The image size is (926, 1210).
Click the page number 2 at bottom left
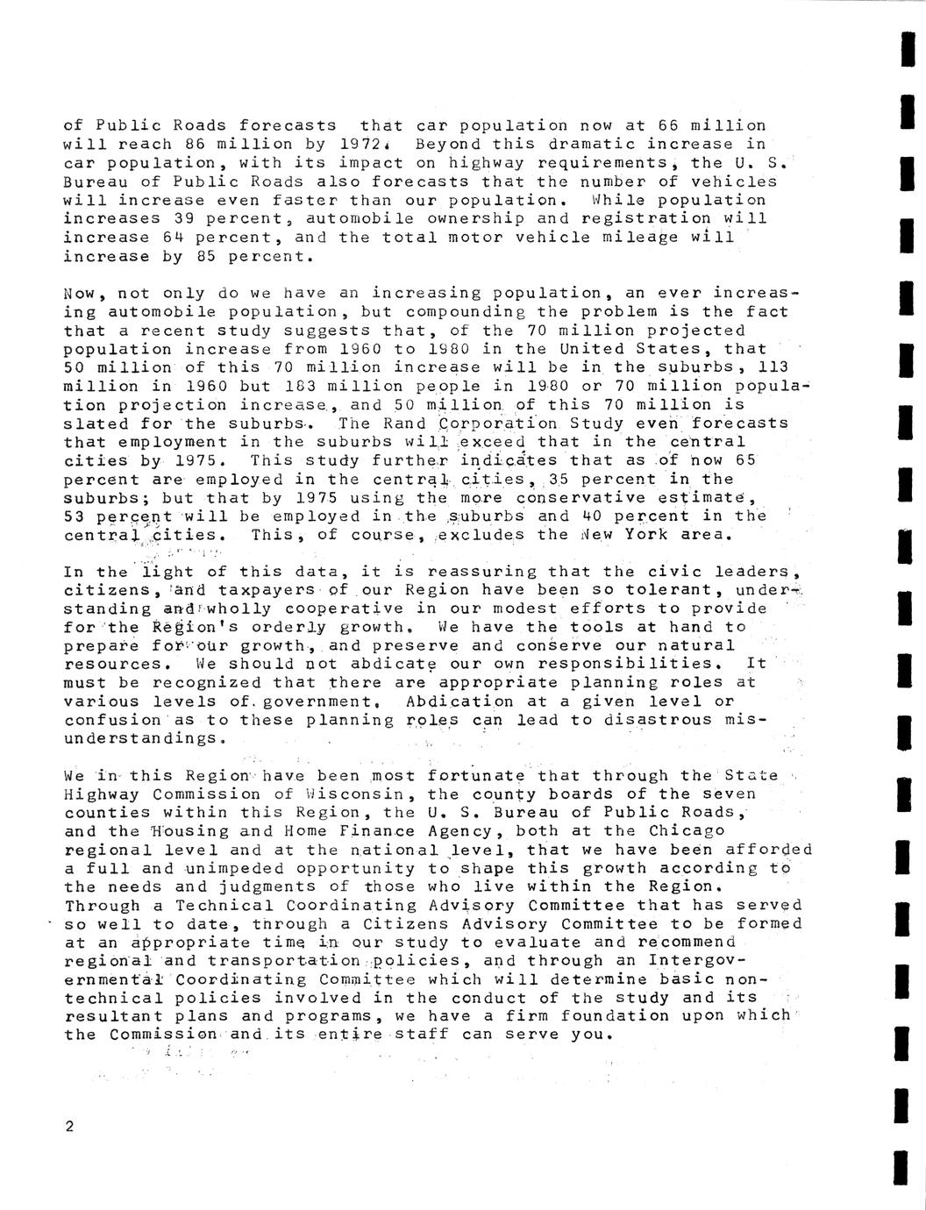(x=69, y=1128)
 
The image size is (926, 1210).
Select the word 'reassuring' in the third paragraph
(x=481, y=572)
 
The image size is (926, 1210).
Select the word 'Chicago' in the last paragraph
(x=687, y=831)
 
